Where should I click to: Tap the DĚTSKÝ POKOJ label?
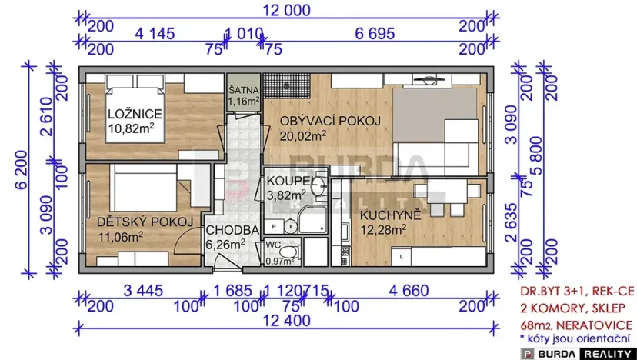[x=144, y=222]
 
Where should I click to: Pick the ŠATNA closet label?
[x=244, y=89]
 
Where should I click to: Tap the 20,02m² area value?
[x=303, y=135]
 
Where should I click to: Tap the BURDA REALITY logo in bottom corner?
[x=578, y=351]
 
